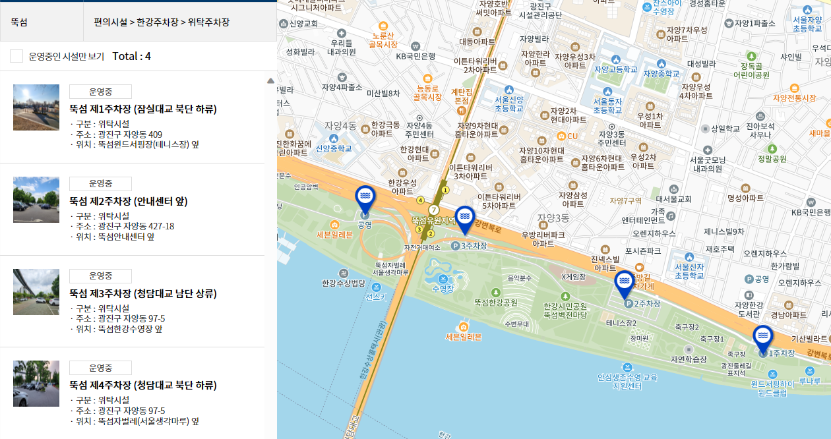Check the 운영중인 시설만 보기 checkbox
tap(16, 56)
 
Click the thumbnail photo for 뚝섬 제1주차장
tap(36, 107)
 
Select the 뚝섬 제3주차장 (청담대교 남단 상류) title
tap(142, 293)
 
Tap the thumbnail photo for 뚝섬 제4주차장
tap(36, 384)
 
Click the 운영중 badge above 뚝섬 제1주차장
tap(100, 92)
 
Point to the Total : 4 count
tap(132, 56)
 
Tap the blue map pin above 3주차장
tap(464, 219)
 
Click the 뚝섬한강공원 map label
tap(495, 302)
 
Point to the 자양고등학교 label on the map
tap(616, 69)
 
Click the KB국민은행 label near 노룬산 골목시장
tap(415, 56)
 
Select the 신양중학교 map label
tap(334, 148)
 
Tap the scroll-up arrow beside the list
tap(270, 81)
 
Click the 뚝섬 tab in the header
tap(19, 22)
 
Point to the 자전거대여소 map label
tap(422, 247)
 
